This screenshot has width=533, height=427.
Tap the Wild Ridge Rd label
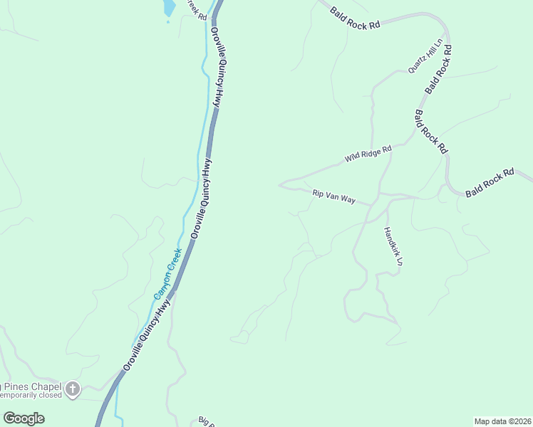[x=368, y=153]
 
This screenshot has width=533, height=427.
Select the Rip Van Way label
[x=333, y=196]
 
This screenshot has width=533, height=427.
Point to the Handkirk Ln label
[x=393, y=247]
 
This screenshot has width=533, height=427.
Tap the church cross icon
[x=72, y=389]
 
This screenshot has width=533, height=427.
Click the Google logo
[x=24, y=418]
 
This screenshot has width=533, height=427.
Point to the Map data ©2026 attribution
[x=502, y=421]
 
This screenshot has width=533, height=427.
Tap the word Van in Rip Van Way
[x=333, y=196]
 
